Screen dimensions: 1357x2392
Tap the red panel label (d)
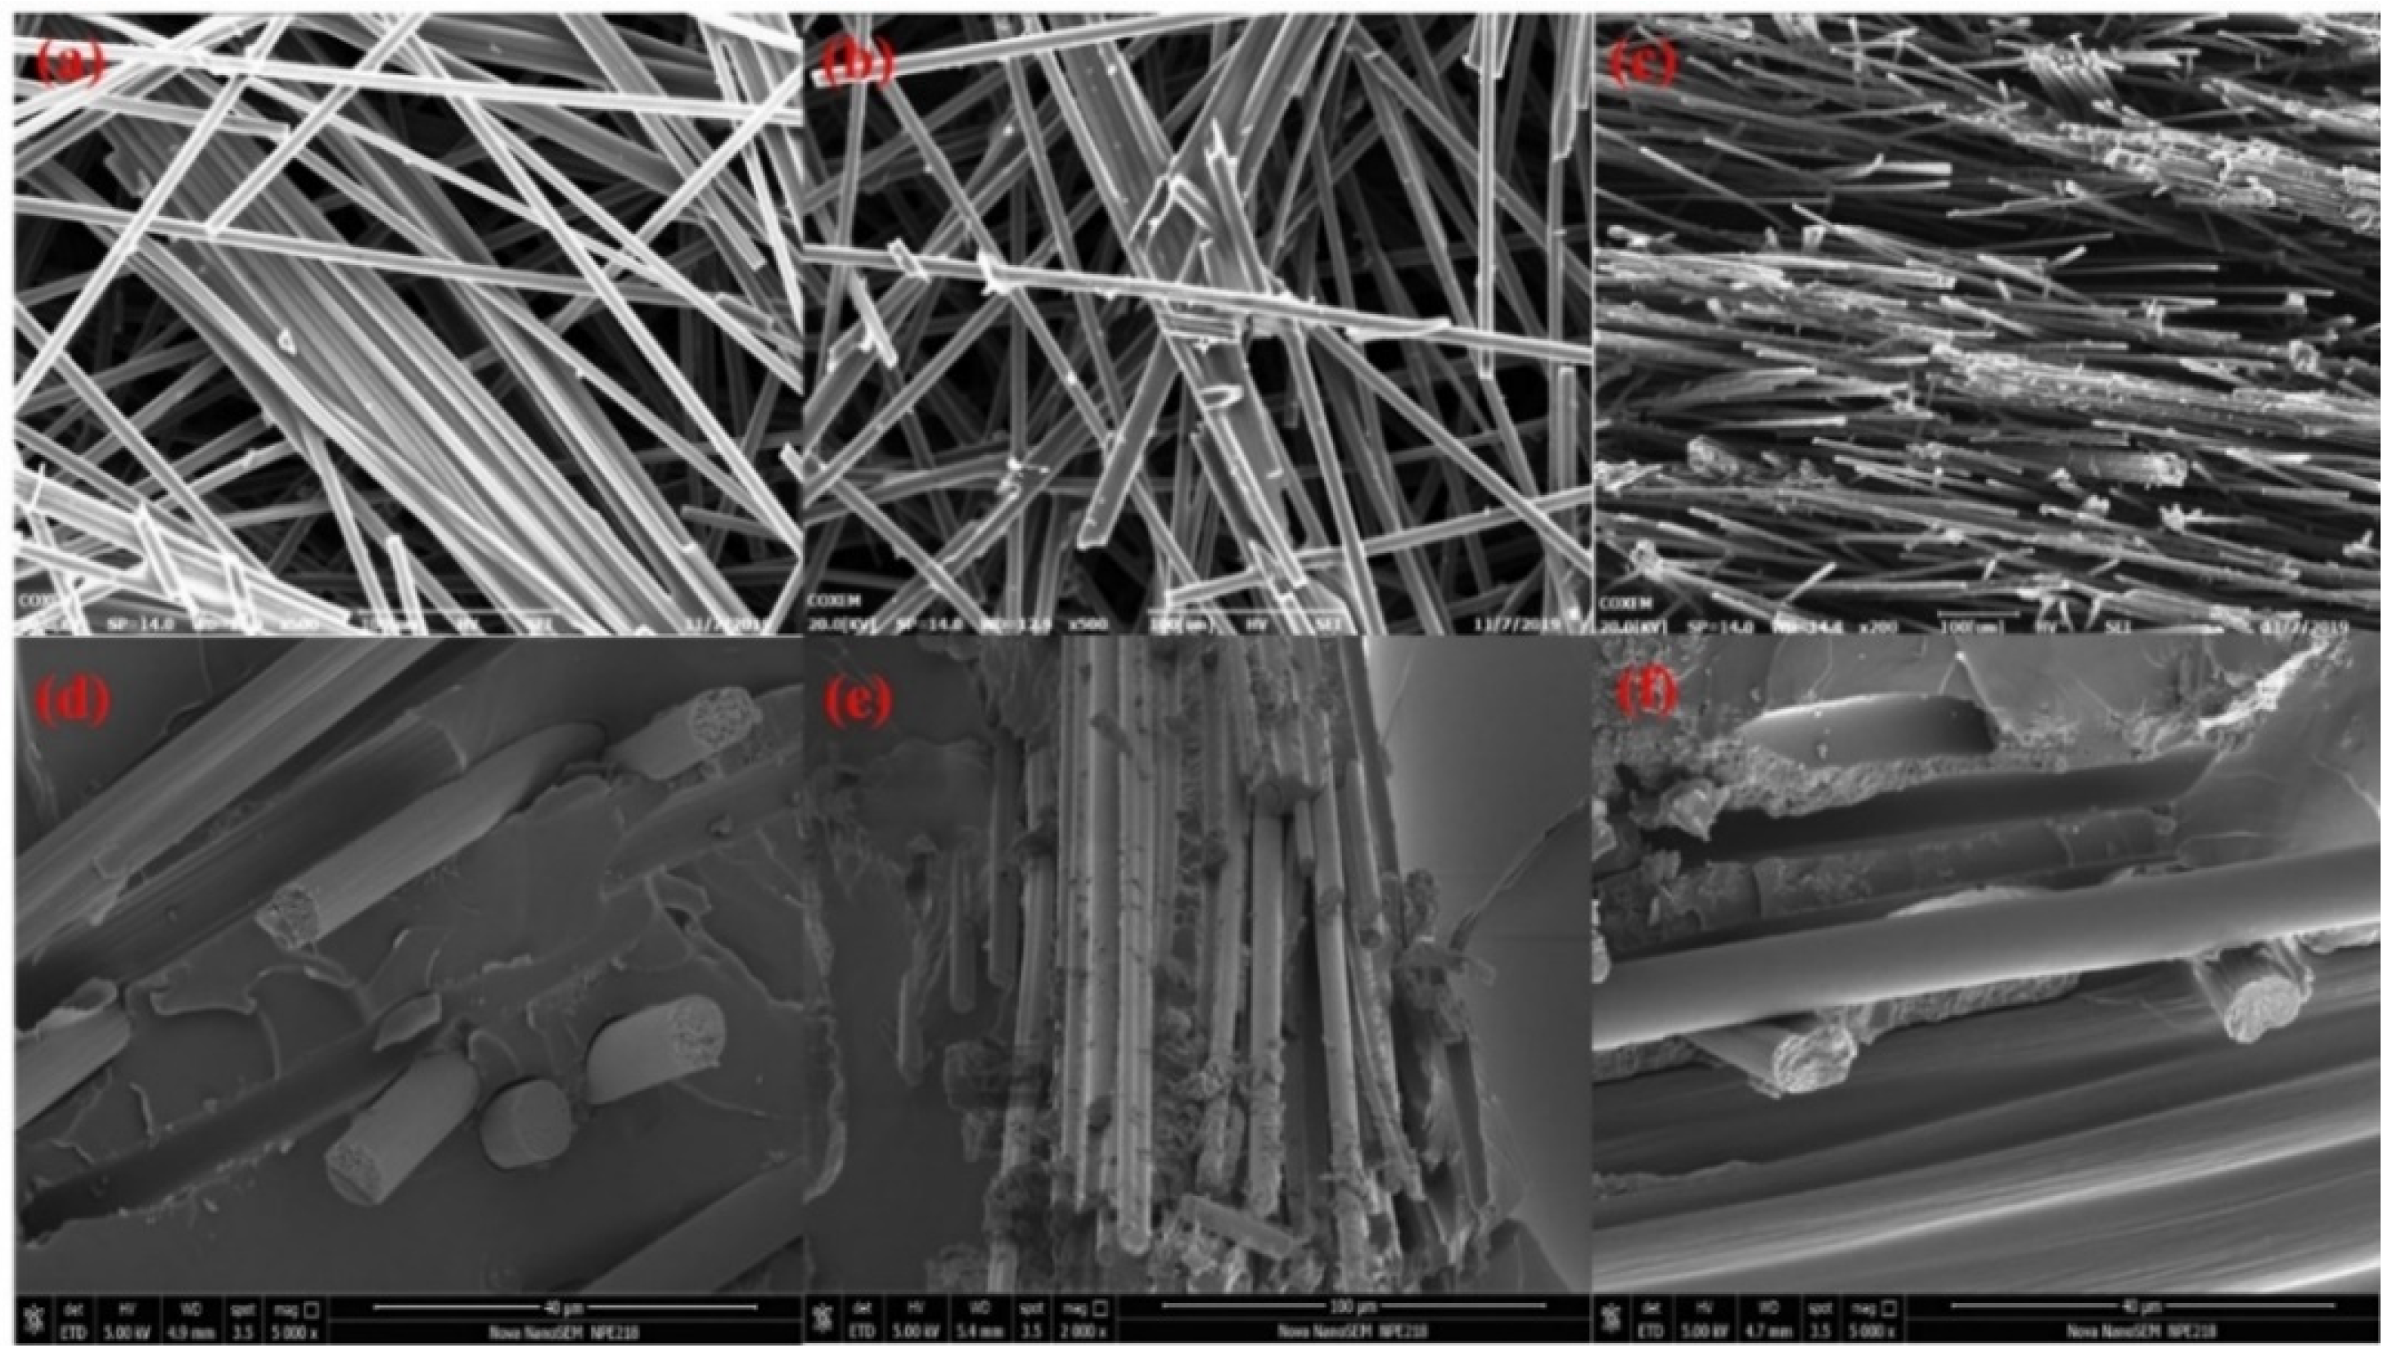73,701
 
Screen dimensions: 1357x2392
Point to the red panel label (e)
858,701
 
